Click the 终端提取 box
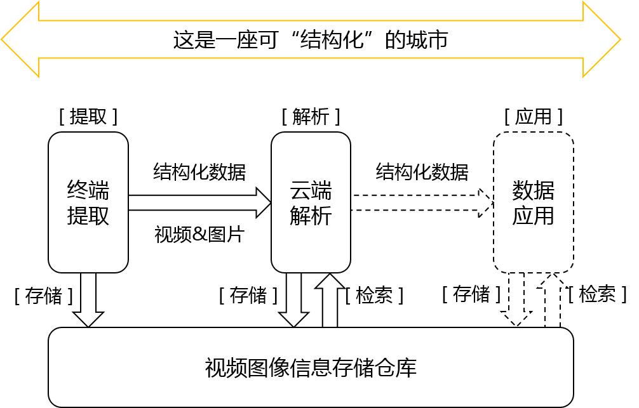tap(88, 202)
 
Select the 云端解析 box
tap(311, 202)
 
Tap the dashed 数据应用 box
tap(534, 202)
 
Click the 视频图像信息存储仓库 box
tap(311, 367)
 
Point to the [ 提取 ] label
tap(88, 117)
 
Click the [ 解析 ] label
tap(311, 117)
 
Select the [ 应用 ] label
tap(534, 117)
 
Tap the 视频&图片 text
tap(199, 234)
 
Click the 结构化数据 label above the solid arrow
tap(199, 171)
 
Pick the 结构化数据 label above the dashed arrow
tap(422, 171)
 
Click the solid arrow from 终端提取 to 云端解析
tap(199, 202)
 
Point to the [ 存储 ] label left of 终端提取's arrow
tap(44, 296)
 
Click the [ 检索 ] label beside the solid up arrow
tap(374, 296)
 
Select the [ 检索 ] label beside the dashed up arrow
tap(597, 294)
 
